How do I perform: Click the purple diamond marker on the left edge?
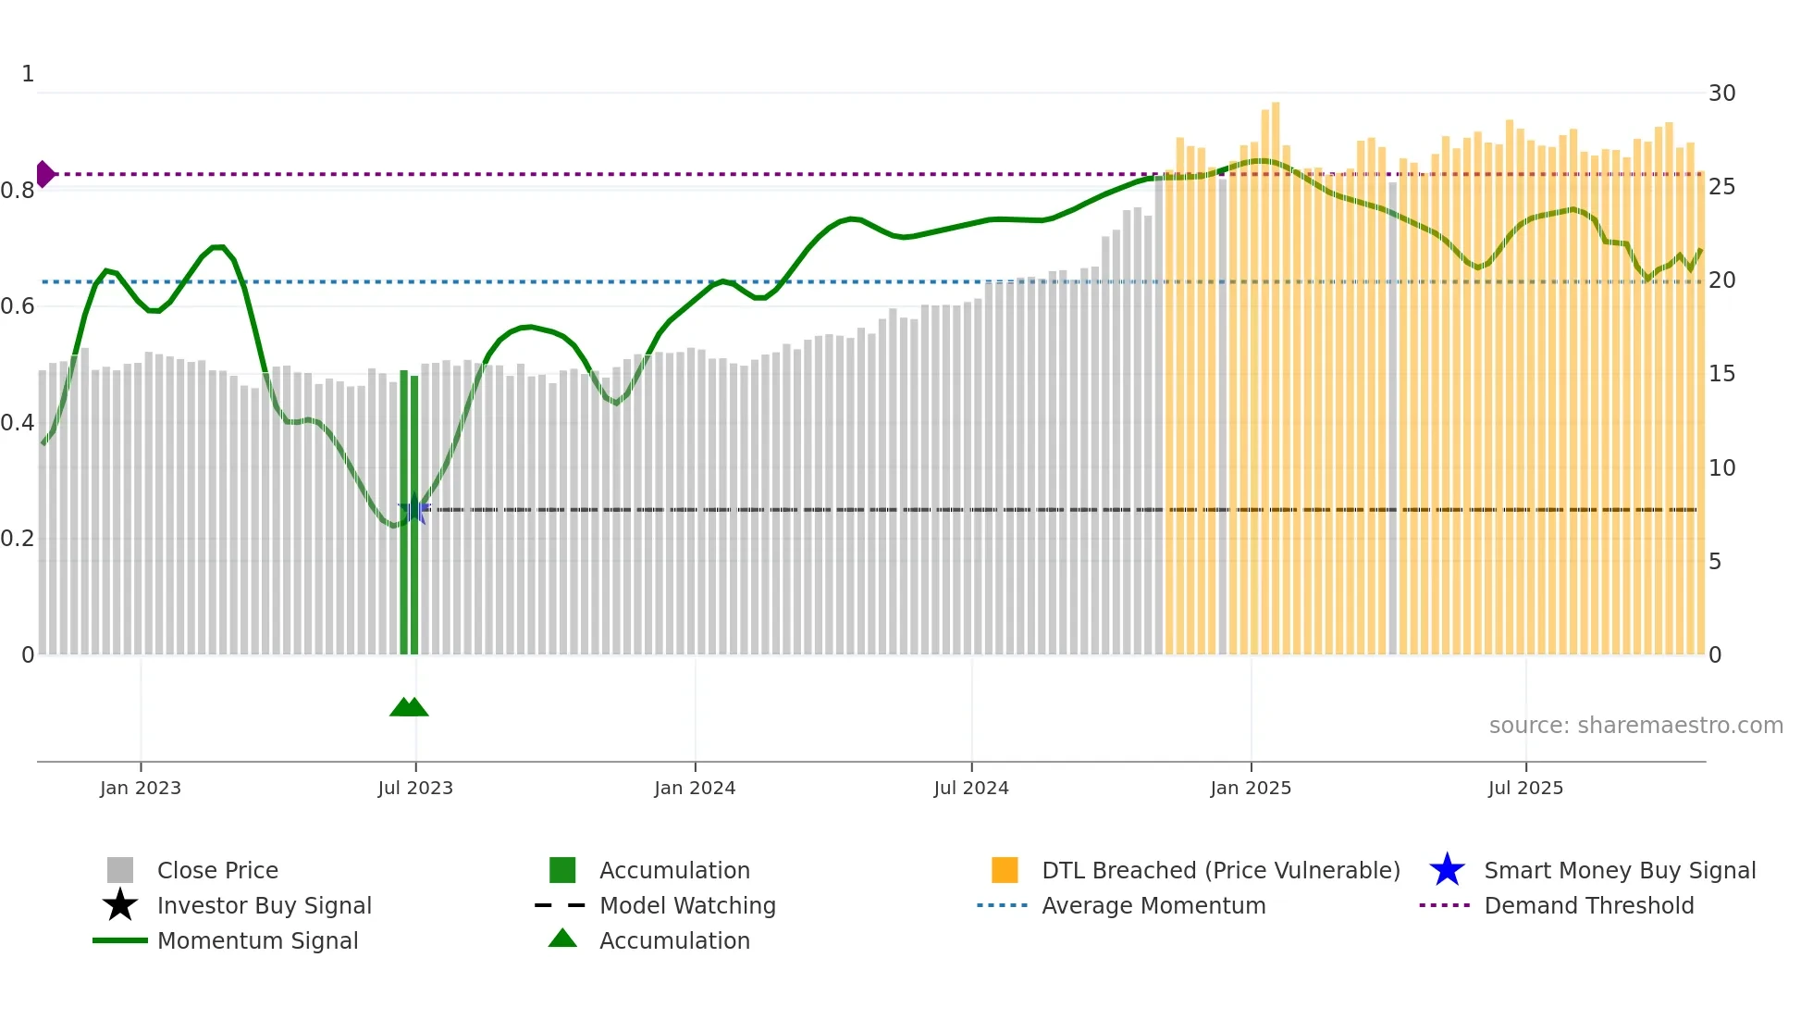(x=44, y=174)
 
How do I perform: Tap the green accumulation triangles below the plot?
(x=409, y=707)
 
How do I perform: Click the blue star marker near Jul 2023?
(x=414, y=510)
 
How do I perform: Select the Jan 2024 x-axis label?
(x=695, y=788)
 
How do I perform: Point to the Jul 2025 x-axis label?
(x=1525, y=788)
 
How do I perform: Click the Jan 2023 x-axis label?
(x=141, y=788)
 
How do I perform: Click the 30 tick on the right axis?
(x=1721, y=93)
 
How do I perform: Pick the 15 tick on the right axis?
(x=1721, y=374)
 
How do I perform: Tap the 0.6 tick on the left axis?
(x=18, y=306)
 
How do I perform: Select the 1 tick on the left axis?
(x=28, y=74)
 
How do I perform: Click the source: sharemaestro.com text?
(x=1635, y=726)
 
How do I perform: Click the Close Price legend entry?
(x=217, y=871)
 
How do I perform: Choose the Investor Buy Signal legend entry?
(x=264, y=906)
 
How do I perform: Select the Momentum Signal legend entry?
(x=257, y=941)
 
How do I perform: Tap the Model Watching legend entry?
(x=687, y=906)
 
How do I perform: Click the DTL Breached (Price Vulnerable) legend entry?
(x=1220, y=871)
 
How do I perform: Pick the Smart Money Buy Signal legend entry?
(x=1620, y=871)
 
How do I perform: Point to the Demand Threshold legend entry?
(x=1588, y=906)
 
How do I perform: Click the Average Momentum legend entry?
(x=1153, y=906)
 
